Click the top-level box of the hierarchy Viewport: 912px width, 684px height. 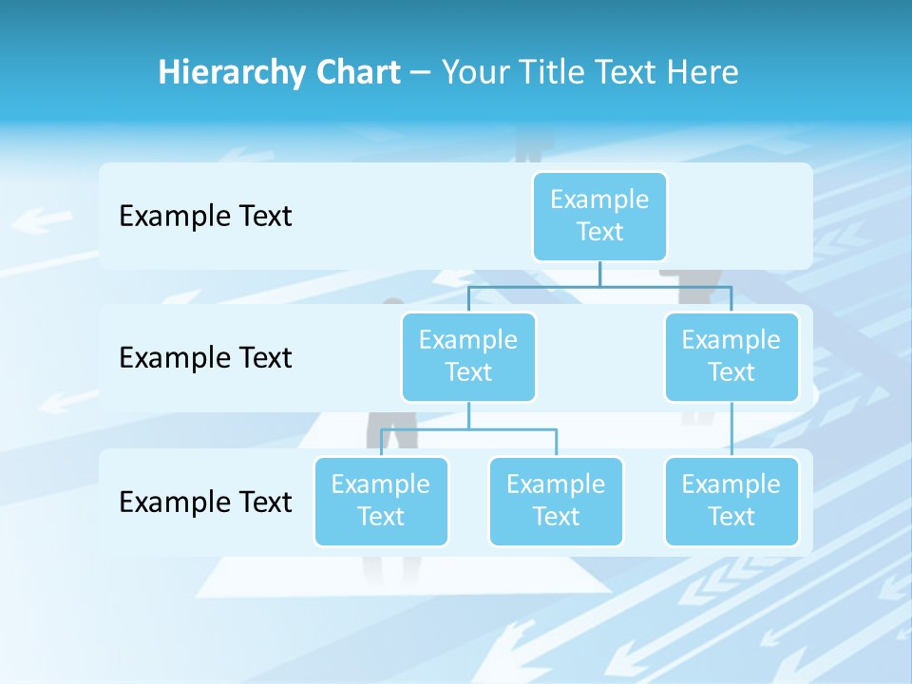coord(599,217)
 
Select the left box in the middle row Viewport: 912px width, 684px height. coord(468,357)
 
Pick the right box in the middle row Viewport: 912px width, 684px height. coord(731,357)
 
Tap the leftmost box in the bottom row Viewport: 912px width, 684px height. coord(381,502)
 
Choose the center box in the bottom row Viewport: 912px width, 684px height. coord(556,502)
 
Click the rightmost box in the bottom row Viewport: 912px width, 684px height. coord(731,502)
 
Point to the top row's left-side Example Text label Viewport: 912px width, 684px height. coord(205,217)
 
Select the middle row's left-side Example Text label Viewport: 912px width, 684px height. coord(205,358)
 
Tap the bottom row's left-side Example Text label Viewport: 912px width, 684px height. coord(205,502)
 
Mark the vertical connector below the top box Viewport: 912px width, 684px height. coord(599,274)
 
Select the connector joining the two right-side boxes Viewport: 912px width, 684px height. coord(731,428)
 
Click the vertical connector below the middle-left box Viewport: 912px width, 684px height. coord(468,415)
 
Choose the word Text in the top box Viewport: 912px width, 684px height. coord(599,232)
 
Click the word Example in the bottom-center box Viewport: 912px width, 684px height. coord(556,484)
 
